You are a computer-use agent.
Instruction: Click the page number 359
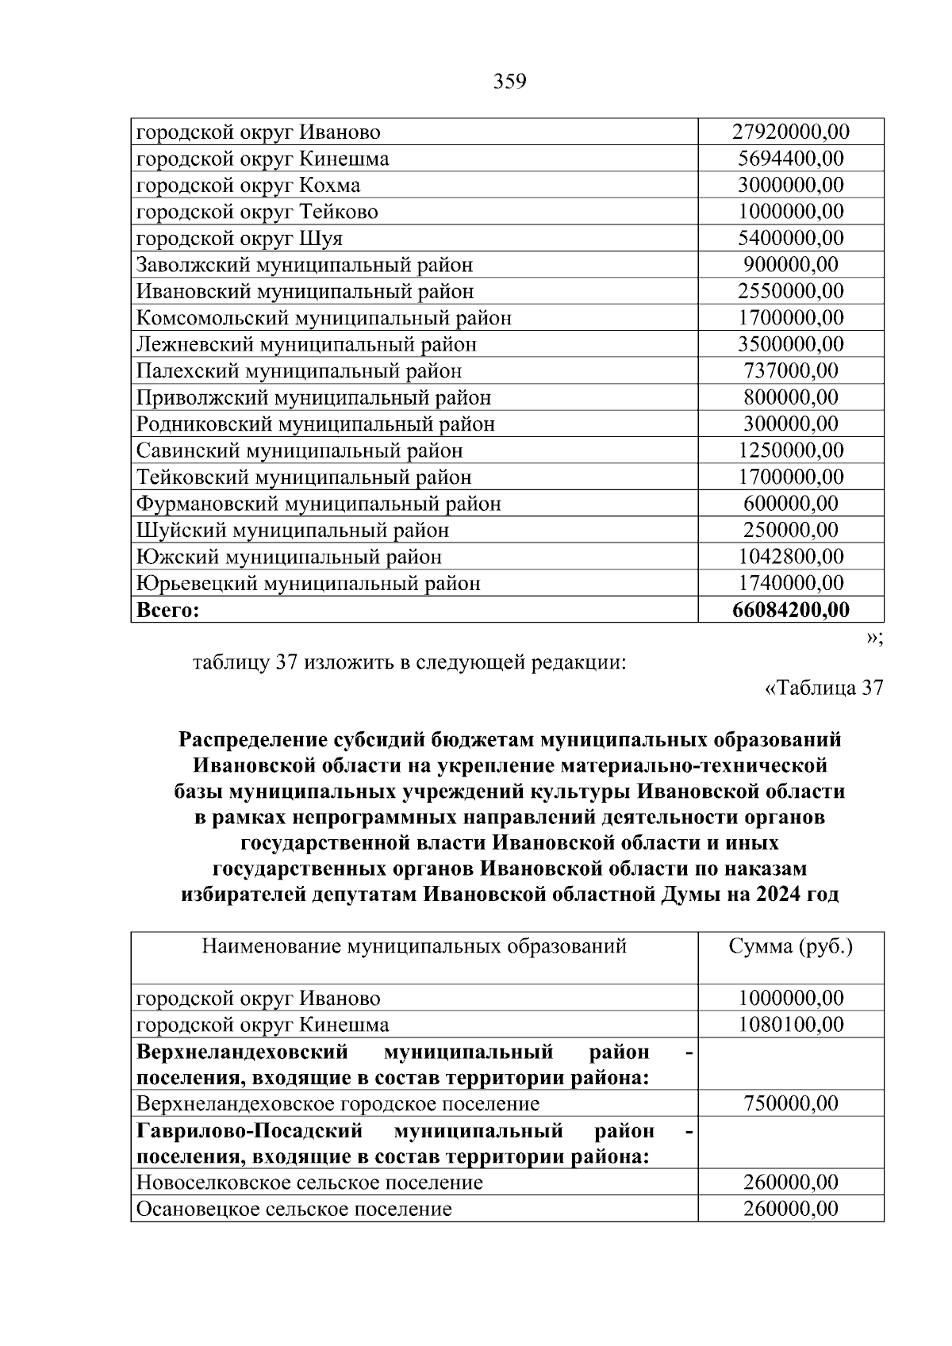pyautogui.click(x=510, y=82)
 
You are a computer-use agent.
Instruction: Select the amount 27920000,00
pyautogui.click(x=791, y=132)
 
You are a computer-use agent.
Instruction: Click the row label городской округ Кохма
pyautogui.click(x=248, y=186)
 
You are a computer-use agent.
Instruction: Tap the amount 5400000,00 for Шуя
pyautogui.click(x=791, y=238)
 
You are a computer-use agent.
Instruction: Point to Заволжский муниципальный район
pyautogui.click(x=305, y=265)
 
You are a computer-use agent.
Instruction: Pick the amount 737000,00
pyautogui.click(x=791, y=370)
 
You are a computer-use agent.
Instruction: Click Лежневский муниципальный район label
pyautogui.click(x=306, y=344)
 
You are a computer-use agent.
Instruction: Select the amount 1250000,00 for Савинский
pyautogui.click(x=791, y=451)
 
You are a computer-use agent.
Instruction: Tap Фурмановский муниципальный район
pyautogui.click(x=318, y=504)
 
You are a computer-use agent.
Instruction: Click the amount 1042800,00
pyautogui.click(x=791, y=557)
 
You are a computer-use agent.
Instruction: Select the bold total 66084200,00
pyautogui.click(x=791, y=610)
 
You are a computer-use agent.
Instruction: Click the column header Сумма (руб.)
pyautogui.click(x=791, y=946)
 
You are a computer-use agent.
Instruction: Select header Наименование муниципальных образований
pyautogui.click(x=414, y=946)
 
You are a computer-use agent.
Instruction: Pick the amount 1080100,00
pyautogui.click(x=791, y=1025)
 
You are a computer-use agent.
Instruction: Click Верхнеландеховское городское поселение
pyautogui.click(x=338, y=1104)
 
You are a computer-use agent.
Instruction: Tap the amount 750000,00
pyautogui.click(x=791, y=1104)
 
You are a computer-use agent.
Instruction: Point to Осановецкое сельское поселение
pyautogui.click(x=294, y=1210)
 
